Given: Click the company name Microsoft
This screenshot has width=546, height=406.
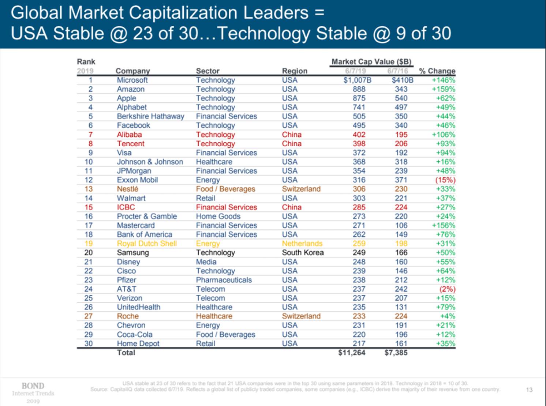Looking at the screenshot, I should pyautogui.click(x=132, y=80).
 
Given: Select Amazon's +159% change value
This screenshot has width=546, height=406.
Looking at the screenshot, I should pyautogui.click(x=444, y=89).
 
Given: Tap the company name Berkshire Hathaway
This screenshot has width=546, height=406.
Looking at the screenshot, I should pyautogui.click(x=150, y=116).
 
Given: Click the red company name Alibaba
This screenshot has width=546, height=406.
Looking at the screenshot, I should pyautogui.click(x=129, y=135).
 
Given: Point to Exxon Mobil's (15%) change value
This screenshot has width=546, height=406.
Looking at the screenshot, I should pyautogui.click(x=445, y=180).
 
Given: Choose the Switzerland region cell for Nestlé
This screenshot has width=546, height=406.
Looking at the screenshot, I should pyautogui.click(x=301, y=189).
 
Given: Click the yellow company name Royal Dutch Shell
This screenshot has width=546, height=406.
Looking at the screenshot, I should pyautogui.click(x=147, y=244).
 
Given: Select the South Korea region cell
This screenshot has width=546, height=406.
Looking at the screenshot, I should pyautogui.click(x=303, y=253).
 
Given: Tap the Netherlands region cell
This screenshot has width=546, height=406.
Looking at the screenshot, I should pyautogui.click(x=302, y=244).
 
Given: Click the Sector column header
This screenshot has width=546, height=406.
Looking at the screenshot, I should pyautogui.click(x=207, y=71).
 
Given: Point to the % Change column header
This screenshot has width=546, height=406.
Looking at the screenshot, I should pyautogui.click(x=437, y=71).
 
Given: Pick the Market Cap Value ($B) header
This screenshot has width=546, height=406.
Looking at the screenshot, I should pyautogui.click(x=371, y=62).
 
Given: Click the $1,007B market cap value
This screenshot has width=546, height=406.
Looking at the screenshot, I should pyautogui.click(x=357, y=80).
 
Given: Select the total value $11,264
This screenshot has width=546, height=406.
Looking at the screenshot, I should pyautogui.click(x=352, y=353).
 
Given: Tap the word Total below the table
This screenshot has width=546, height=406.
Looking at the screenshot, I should pyautogui.click(x=126, y=353).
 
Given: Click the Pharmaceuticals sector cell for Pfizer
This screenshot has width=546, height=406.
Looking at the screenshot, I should pyautogui.click(x=224, y=280).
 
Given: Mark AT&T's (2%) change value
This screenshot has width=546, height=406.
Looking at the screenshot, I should pyautogui.click(x=447, y=289).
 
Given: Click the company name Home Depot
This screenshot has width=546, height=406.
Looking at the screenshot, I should pyautogui.click(x=138, y=343).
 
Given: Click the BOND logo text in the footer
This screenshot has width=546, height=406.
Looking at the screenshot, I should pyautogui.click(x=33, y=386).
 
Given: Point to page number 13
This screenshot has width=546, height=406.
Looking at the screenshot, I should pyautogui.click(x=529, y=390).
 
